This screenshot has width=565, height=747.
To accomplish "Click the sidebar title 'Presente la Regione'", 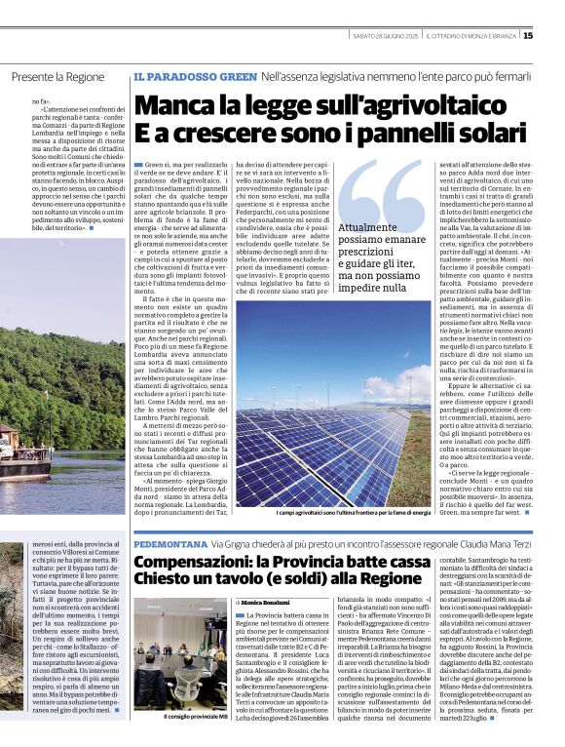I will [x=56, y=76].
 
